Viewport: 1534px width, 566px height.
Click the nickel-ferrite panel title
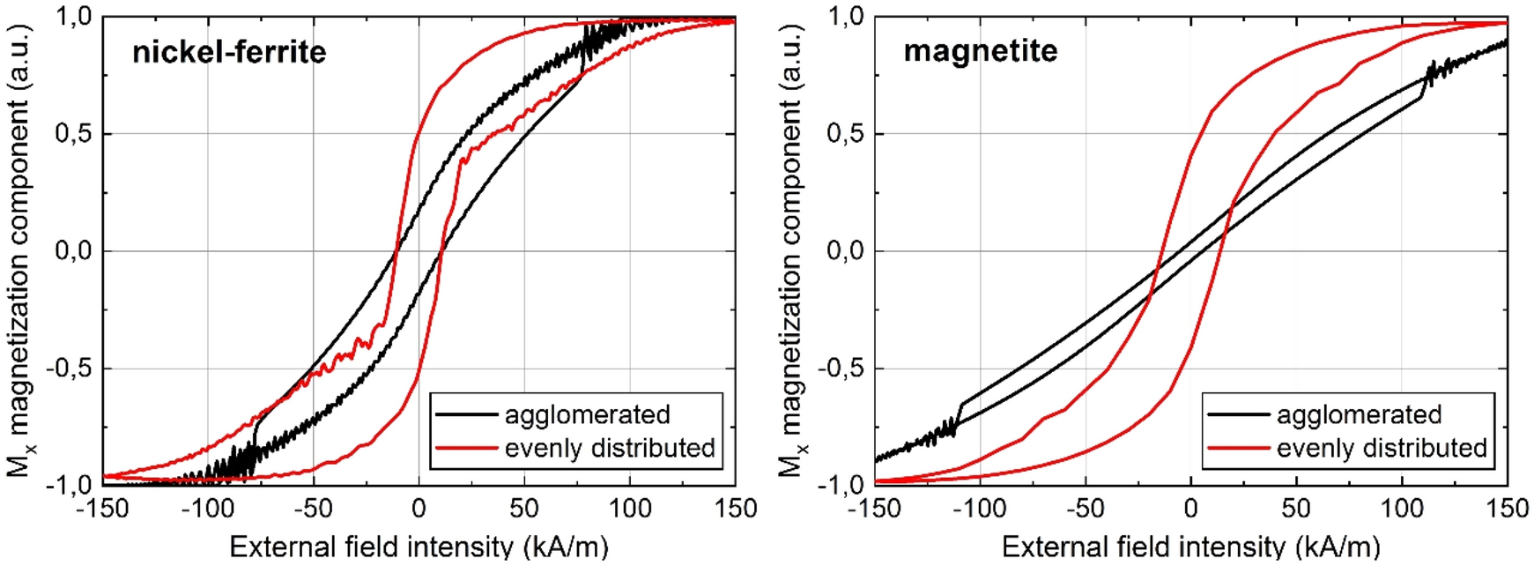pos(229,52)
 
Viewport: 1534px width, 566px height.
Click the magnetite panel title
pos(980,50)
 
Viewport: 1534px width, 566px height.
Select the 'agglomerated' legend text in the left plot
pos(587,414)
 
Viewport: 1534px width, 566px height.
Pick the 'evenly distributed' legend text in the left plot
pos(610,448)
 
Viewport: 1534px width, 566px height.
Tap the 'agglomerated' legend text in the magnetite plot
pos(1359,414)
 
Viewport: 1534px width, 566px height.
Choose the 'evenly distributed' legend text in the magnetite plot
pos(1382,448)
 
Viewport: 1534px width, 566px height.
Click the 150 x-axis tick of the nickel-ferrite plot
pos(736,509)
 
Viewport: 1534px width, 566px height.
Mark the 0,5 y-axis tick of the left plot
pos(75,134)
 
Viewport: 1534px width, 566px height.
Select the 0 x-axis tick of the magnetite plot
pos(1191,509)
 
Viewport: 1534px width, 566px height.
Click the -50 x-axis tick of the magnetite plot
pos(1085,509)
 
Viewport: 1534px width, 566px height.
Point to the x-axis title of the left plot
pos(419,547)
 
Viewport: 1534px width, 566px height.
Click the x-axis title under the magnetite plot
pos(1190,547)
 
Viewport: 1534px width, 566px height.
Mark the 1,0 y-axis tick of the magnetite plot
pos(846,17)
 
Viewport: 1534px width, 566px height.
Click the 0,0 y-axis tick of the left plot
pos(75,251)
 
